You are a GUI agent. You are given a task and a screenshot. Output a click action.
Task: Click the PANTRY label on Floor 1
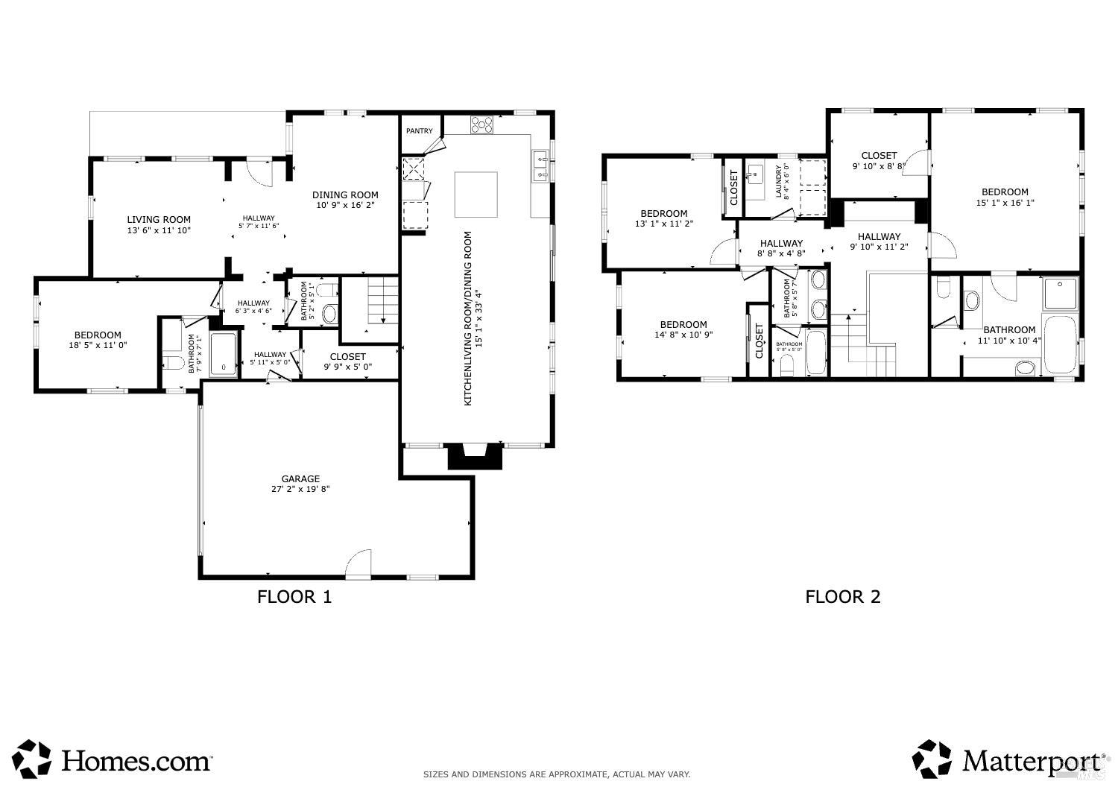point(419,131)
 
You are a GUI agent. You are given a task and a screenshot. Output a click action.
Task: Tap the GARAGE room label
point(300,479)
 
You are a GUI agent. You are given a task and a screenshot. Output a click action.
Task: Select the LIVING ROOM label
point(158,220)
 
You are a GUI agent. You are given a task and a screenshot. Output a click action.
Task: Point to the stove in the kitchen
point(481,124)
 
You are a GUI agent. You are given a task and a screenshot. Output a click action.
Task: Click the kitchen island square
point(476,195)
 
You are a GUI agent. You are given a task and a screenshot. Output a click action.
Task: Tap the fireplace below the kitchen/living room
point(475,455)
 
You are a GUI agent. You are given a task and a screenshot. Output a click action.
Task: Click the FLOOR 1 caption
point(294,596)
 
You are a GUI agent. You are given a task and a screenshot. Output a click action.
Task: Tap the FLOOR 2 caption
point(842,596)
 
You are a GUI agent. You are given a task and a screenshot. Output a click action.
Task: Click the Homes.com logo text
point(136,761)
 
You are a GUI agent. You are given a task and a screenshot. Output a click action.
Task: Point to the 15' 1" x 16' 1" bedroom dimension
point(1005,203)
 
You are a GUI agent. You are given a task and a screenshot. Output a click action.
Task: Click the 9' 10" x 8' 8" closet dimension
point(879,166)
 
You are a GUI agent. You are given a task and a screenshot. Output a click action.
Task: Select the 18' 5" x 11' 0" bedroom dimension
point(97,346)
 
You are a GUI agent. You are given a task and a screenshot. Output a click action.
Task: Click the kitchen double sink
point(540,166)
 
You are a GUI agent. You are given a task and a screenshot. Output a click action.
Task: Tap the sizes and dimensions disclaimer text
point(556,774)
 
